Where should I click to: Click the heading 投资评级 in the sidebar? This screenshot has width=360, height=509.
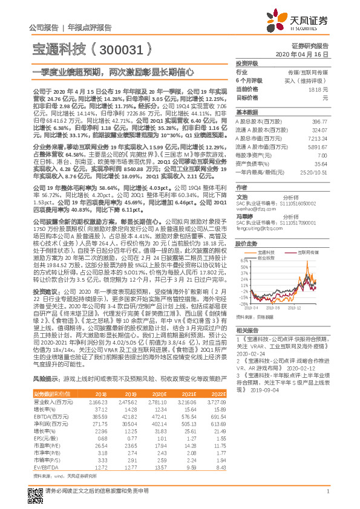(247, 63)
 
